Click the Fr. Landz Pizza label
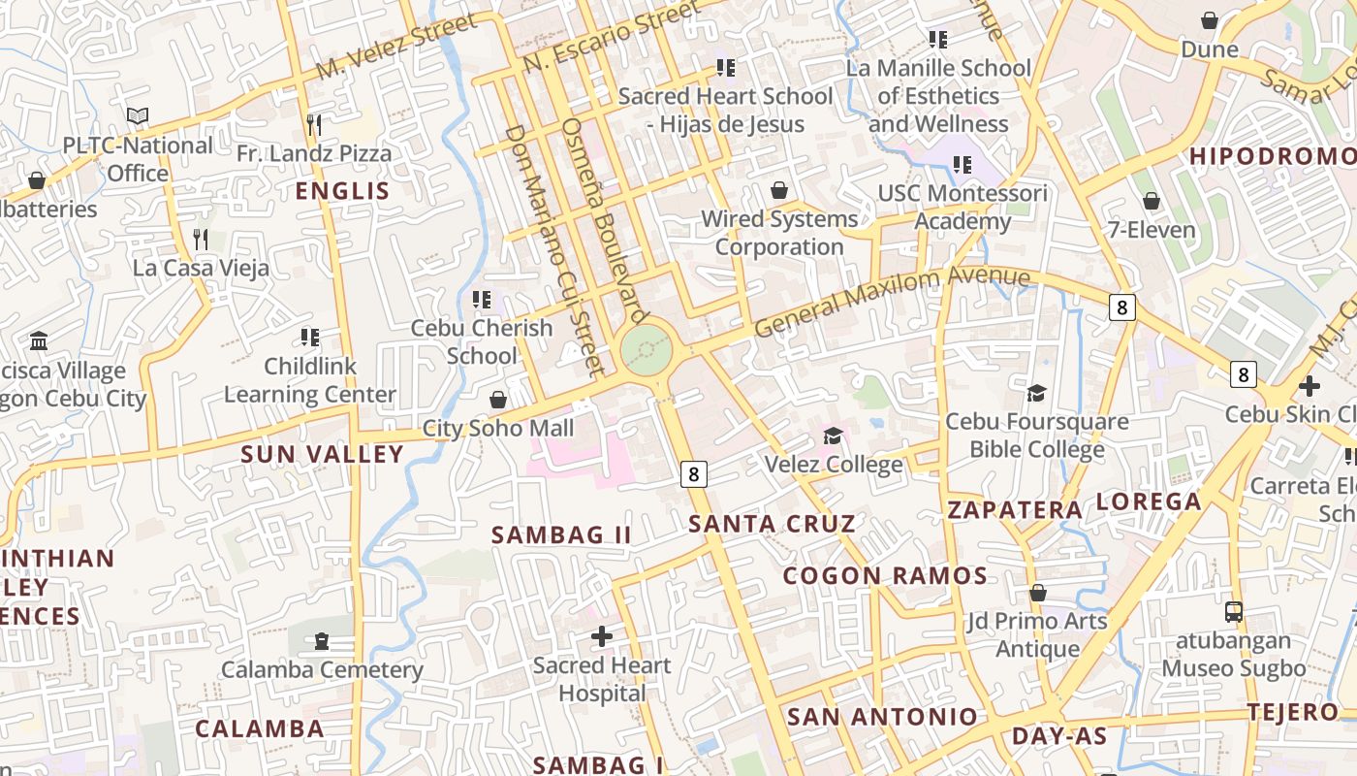(x=314, y=153)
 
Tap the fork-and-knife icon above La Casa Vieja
(x=201, y=239)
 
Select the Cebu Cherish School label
(x=482, y=341)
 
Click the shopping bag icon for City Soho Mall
(x=498, y=400)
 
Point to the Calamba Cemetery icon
(x=321, y=641)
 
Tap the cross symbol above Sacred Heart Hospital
(x=602, y=636)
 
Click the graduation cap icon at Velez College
(x=833, y=436)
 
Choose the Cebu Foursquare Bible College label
(x=1037, y=436)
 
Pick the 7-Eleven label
(x=1152, y=230)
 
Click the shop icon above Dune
(x=1210, y=20)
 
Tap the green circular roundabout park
(x=647, y=349)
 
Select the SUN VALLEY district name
(x=322, y=454)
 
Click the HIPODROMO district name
(x=1272, y=156)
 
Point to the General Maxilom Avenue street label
(x=892, y=302)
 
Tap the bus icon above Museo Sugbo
(x=1234, y=612)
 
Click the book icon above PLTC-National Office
(x=138, y=116)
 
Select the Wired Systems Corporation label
(x=779, y=233)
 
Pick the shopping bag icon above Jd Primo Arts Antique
(x=1038, y=593)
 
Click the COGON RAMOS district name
(x=885, y=576)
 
